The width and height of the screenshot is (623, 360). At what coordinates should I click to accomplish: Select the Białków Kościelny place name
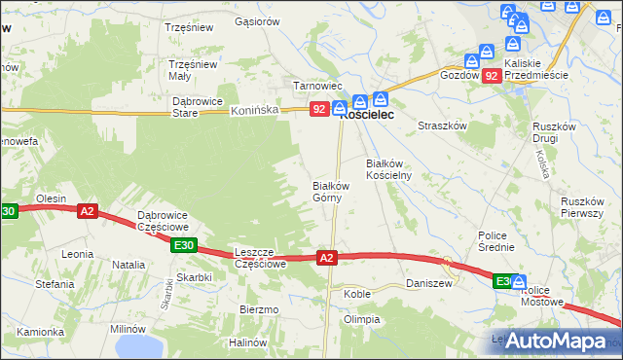(x=389, y=169)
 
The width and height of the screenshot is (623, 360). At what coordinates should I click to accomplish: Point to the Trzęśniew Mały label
(x=193, y=70)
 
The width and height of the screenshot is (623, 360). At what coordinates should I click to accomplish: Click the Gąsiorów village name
(x=258, y=20)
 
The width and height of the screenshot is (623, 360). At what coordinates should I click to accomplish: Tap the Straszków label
(x=443, y=126)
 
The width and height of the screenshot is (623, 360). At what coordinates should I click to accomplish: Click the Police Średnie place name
(x=495, y=241)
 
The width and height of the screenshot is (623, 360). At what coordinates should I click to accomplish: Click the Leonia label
(x=77, y=254)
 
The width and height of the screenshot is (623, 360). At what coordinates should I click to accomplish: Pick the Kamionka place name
(x=40, y=332)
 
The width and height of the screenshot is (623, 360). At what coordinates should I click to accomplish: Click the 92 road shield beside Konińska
(x=318, y=111)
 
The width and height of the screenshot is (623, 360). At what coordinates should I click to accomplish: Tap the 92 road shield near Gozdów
(x=492, y=75)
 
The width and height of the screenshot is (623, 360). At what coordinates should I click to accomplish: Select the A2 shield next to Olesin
(x=88, y=210)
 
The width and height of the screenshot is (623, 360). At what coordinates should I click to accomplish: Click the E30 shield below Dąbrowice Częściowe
(x=183, y=246)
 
